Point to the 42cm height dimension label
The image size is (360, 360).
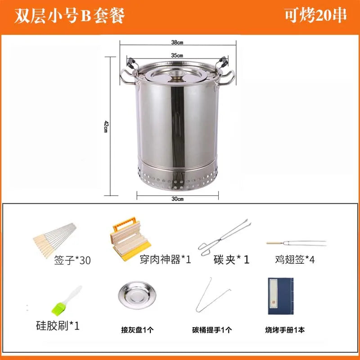[x=105, y=126]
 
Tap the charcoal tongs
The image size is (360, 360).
[x=225, y=238]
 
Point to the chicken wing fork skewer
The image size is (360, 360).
[x=296, y=243]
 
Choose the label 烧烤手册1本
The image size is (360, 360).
[x=284, y=329]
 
